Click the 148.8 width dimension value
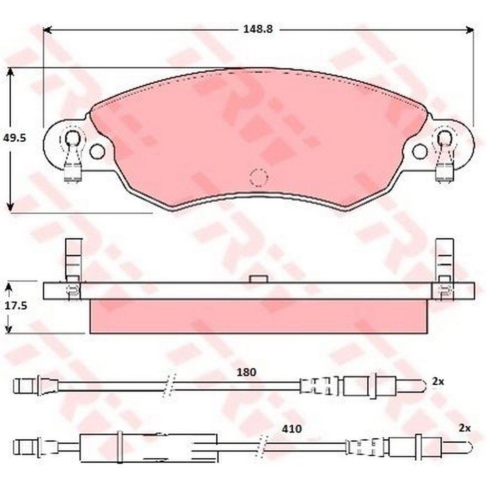(258, 29)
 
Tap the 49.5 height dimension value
(14, 138)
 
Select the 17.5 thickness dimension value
(16, 306)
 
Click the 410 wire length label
(291, 429)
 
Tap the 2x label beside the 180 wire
(438, 382)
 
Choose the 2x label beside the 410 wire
(465, 428)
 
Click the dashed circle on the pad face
(259, 178)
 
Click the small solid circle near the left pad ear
(97, 151)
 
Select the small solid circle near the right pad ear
(420, 151)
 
